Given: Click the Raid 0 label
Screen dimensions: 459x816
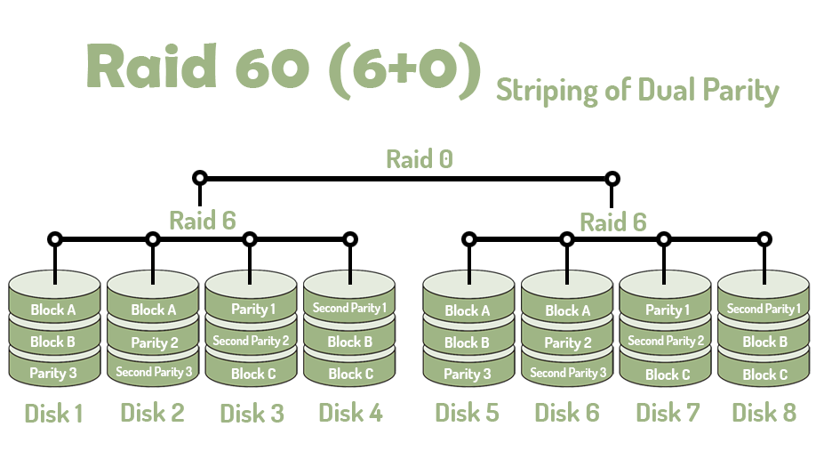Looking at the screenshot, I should [419, 159].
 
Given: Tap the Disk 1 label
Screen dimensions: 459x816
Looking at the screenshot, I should [53, 414].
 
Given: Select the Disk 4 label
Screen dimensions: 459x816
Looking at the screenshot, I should [350, 414].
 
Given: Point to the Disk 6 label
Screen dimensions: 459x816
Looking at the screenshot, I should [567, 414].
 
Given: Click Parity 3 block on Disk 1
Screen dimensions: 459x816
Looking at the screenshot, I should [53, 374].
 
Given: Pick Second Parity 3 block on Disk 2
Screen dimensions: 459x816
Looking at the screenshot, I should [153, 373].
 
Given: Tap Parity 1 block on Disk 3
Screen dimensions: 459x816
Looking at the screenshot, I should [252, 310].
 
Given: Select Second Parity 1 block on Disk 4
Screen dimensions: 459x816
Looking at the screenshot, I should [349, 309].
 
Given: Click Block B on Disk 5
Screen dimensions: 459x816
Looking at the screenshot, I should [468, 342].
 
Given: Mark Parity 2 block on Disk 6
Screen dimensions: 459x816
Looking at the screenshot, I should [567, 343].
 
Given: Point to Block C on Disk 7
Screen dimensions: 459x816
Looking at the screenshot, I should [665, 374].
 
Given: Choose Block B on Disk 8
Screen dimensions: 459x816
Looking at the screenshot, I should [764, 342].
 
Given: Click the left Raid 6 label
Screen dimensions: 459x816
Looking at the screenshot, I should [203, 221].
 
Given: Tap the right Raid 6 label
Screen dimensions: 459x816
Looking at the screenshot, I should [613, 222].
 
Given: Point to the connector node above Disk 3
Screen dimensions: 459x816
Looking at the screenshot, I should [250, 239].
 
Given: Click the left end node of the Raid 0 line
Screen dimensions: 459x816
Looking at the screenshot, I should [200, 178].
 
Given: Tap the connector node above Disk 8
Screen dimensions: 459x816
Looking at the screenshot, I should [763, 239].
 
